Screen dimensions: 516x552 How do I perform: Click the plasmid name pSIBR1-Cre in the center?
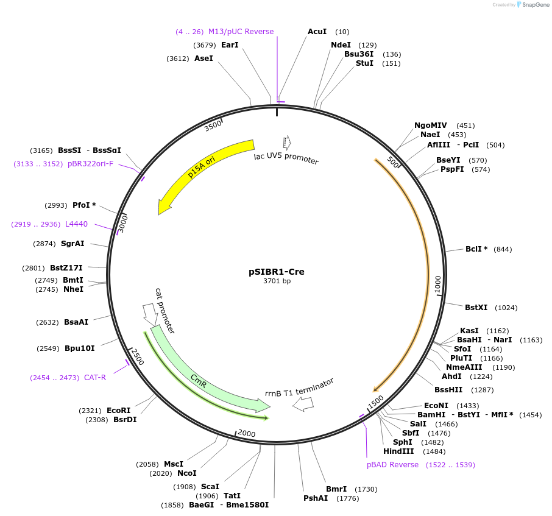[276, 272]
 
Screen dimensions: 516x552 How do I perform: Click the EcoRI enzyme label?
[118, 411]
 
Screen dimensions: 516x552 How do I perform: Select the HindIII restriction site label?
[398, 451]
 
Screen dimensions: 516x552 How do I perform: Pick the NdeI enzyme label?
[341, 45]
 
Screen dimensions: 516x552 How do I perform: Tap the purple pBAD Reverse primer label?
[392, 465]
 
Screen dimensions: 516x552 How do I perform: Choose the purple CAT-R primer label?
[94, 378]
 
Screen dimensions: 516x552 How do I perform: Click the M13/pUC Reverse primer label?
[241, 32]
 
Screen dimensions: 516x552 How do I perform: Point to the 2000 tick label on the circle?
[246, 433]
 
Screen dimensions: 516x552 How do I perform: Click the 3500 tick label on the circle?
[213, 125]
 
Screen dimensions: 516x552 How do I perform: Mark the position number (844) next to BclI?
[503, 249]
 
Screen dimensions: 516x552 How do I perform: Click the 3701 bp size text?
[277, 281]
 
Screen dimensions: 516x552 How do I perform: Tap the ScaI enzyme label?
[210, 487]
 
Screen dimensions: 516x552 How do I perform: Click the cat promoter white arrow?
[149, 312]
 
